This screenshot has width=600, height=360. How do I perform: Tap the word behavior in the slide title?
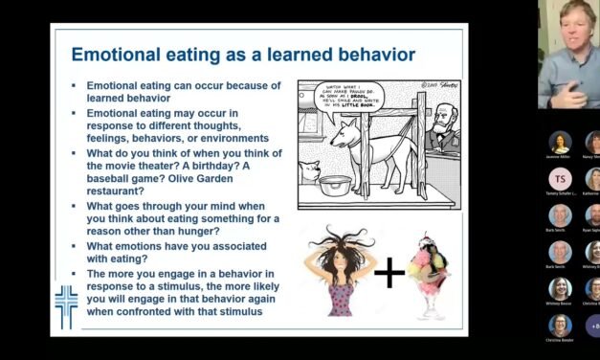coord(368,54)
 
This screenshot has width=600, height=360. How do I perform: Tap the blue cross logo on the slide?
coord(65,305)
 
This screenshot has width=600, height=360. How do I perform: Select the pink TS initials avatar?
coord(561,178)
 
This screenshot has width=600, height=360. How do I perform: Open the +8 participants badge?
coord(593,325)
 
